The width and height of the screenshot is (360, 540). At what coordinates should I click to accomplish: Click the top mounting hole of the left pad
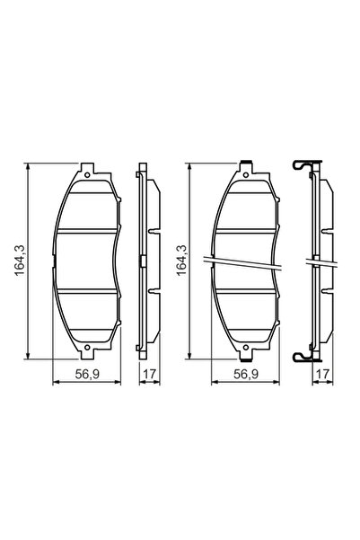point(87,173)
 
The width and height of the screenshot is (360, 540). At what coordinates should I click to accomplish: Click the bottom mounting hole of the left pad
point(87,350)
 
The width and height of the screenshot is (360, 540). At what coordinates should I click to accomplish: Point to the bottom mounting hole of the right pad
point(245,350)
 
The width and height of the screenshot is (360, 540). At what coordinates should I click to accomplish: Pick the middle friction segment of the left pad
point(87,261)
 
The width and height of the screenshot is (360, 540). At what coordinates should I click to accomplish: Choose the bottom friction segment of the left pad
point(87,314)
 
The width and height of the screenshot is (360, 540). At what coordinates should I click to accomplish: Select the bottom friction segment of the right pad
point(245,314)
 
